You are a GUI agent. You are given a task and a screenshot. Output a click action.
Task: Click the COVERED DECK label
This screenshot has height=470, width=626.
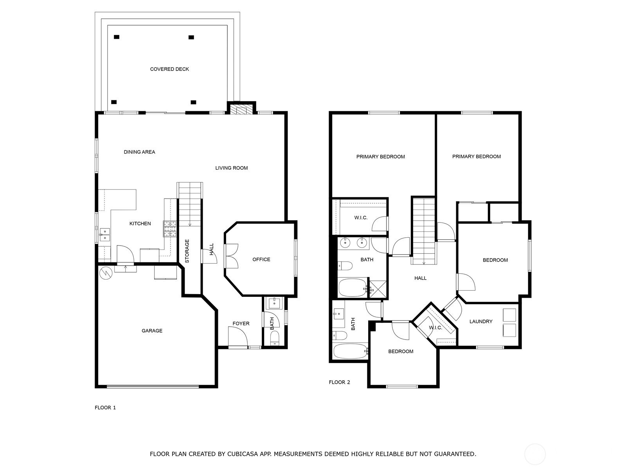click(x=169, y=69)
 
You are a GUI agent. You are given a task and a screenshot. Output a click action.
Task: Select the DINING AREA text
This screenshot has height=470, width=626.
click(x=139, y=152)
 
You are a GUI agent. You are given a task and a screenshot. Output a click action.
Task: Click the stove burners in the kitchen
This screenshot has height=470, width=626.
click(x=170, y=229)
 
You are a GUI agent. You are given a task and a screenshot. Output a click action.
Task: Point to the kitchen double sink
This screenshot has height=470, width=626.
click(x=104, y=235)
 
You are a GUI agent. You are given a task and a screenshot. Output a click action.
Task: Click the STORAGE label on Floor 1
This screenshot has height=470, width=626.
click(x=187, y=251)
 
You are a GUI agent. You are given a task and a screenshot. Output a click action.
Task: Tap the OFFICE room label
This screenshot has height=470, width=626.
click(x=261, y=259)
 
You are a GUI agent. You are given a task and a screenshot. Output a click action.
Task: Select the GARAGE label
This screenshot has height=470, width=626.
click(x=152, y=331)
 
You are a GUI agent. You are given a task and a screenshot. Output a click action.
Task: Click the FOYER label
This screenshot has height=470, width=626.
click(x=241, y=324)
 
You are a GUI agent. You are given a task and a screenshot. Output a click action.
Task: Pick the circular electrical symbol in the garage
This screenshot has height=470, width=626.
click(x=106, y=273)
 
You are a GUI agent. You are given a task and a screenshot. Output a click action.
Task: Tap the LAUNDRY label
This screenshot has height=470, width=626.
click(x=481, y=321)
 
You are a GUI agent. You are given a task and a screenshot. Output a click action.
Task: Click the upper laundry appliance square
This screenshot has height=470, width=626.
click(x=509, y=315)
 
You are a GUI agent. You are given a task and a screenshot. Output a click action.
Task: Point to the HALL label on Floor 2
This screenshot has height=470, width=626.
click(x=420, y=278)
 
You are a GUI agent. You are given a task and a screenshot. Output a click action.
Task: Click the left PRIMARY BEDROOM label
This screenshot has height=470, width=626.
click(x=380, y=157)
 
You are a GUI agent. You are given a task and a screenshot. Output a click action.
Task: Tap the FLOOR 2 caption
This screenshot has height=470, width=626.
click(x=339, y=382)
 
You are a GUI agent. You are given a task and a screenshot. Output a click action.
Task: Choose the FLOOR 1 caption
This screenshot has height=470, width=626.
click(x=105, y=407)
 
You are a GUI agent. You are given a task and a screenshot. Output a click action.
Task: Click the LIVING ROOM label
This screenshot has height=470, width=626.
click(x=231, y=168)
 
